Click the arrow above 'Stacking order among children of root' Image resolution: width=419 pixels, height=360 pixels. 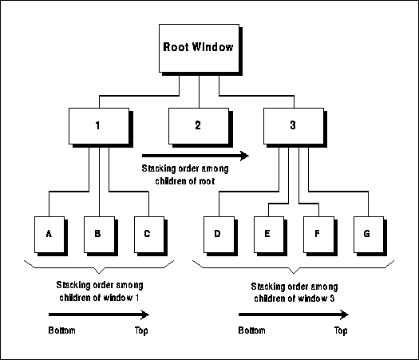tap(196, 156)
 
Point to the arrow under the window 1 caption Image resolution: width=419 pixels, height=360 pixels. tap(99, 315)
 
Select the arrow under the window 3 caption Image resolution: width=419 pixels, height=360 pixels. tap(294, 315)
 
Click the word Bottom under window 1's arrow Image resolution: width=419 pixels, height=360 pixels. tap(62, 330)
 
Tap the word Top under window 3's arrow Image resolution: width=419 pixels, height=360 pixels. tap(341, 331)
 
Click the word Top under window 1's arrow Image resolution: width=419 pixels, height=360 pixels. tap(141, 331)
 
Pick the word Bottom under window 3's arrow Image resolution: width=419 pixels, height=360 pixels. tap(252, 330)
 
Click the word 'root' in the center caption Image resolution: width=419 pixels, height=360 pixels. tap(207, 181)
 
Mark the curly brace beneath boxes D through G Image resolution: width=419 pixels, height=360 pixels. tap(294, 267)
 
